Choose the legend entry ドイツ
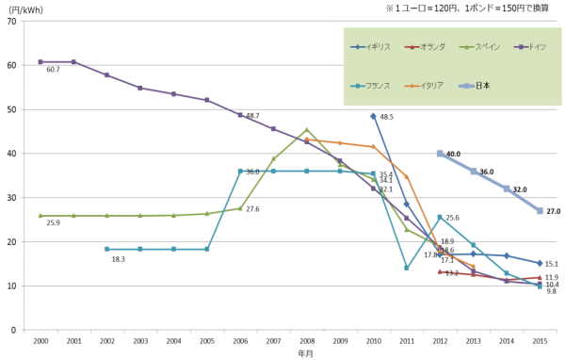pos(535,46)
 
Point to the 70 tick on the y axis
pos(22,22)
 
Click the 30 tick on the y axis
pos(22,198)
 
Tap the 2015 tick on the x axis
pos(540,340)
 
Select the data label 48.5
pos(387,117)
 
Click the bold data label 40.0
pos(453,154)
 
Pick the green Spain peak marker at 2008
pos(306,130)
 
